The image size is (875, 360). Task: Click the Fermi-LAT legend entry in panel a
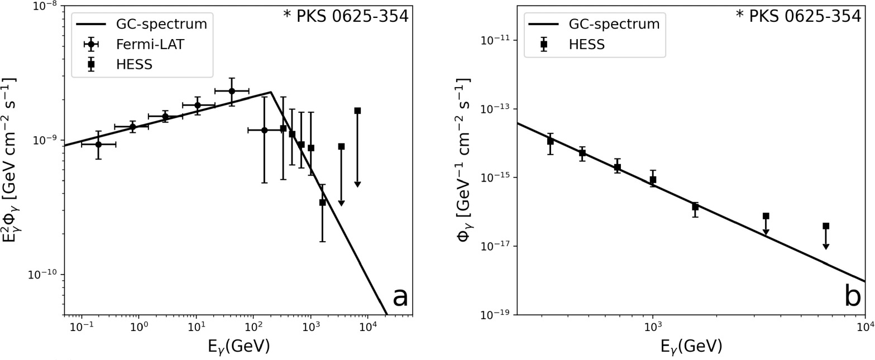[150, 45]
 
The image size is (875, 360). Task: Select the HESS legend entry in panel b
[586, 45]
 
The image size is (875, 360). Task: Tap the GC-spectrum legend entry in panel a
[161, 25]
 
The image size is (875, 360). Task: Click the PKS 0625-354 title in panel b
[798, 17]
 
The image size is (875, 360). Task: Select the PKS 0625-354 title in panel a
[346, 17]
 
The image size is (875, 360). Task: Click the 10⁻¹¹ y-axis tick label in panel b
[494, 40]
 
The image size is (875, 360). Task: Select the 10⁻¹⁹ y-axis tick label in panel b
[494, 315]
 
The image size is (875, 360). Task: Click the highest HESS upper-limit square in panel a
[357, 111]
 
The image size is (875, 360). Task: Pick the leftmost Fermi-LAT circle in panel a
[98, 144]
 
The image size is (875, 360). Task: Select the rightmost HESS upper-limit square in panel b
[826, 226]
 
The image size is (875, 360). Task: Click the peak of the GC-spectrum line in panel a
[271, 92]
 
